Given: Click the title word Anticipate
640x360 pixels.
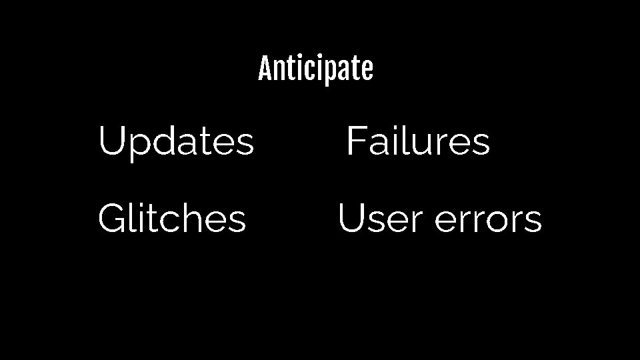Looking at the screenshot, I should (x=315, y=69).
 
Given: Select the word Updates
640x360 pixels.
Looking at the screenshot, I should (x=176, y=142).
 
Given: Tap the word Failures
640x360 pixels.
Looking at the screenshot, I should (x=418, y=141).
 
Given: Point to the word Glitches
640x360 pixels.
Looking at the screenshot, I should (x=172, y=219).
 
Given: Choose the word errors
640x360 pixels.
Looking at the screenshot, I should (x=489, y=219).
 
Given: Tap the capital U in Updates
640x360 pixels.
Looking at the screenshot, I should (x=111, y=141).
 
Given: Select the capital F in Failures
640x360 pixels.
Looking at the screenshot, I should (x=354, y=141).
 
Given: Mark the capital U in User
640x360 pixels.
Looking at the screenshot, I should (x=351, y=219).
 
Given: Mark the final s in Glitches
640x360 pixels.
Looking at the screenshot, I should (x=237, y=221).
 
